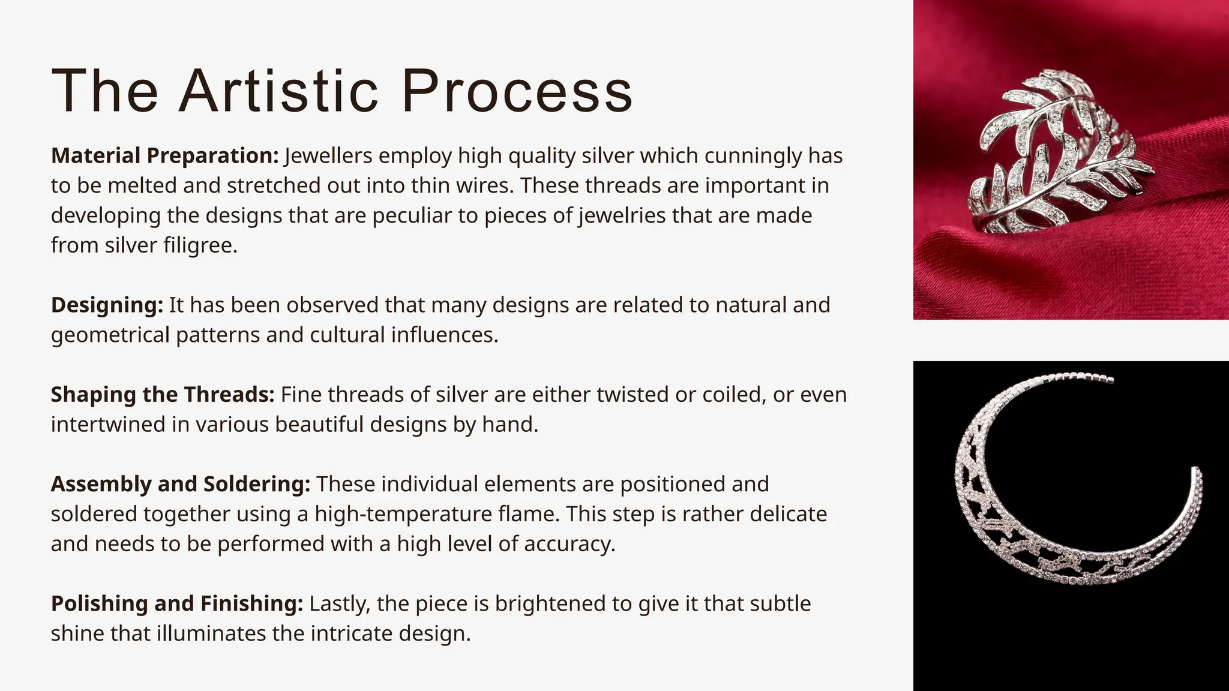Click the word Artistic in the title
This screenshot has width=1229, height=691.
[x=278, y=91]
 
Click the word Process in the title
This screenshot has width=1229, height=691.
[x=517, y=91]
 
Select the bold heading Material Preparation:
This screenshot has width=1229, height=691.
[x=164, y=156]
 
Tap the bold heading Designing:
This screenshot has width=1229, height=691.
[x=107, y=305]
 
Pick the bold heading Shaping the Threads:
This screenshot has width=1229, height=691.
[x=162, y=395]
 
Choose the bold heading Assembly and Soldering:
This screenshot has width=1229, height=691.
[x=180, y=484]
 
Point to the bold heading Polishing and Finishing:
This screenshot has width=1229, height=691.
[x=177, y=603]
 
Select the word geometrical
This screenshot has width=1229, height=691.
[x=110, y=335]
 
